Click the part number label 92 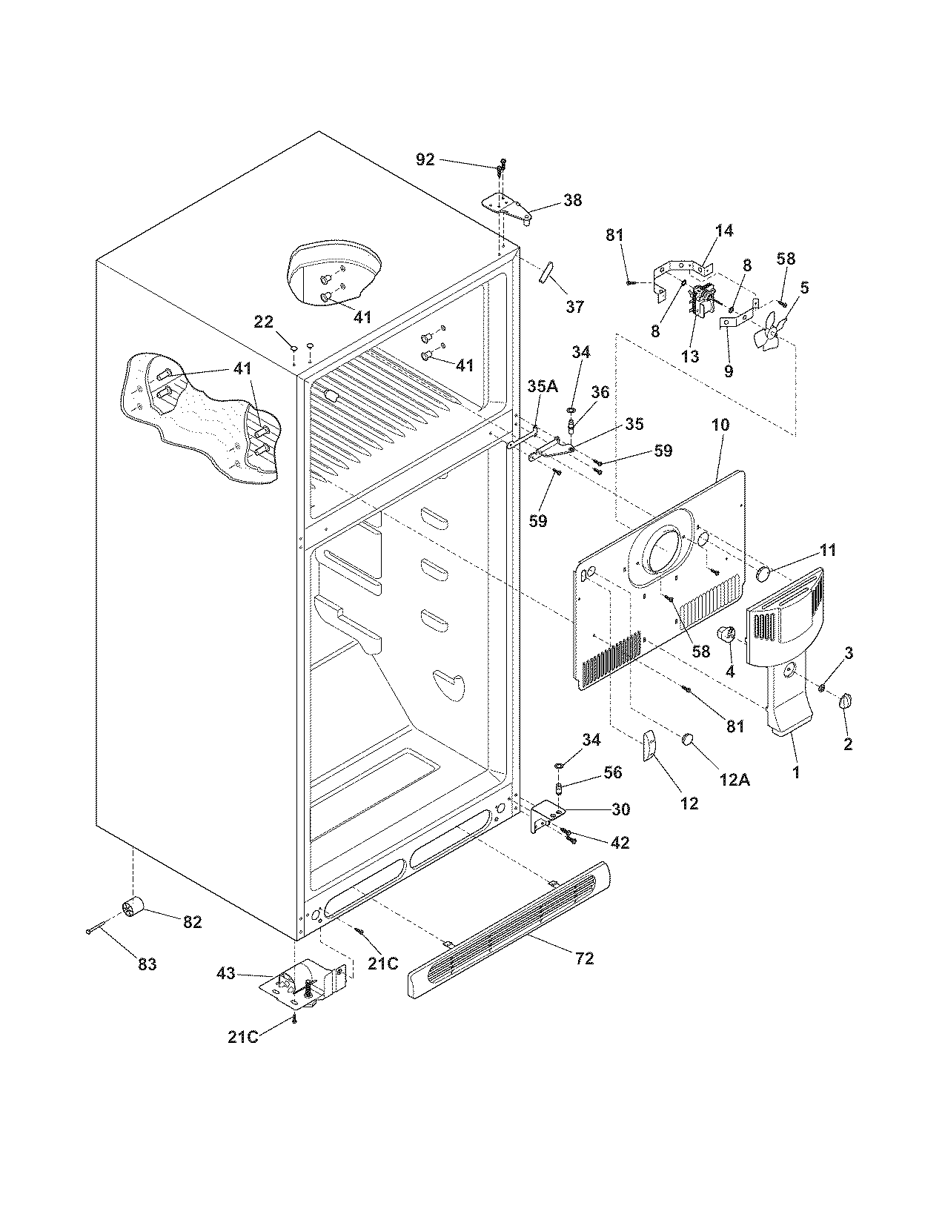click(425, 160)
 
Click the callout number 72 click(585, 958)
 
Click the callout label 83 click(147, 964)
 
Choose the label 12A click(735, 780)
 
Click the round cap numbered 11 click(763, 574)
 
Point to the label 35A click(543, 386)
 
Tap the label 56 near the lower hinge click(612, 772)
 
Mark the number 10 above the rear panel click(720, 425)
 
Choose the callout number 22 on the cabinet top click(263, 322)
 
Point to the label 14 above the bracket click(724, 231)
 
